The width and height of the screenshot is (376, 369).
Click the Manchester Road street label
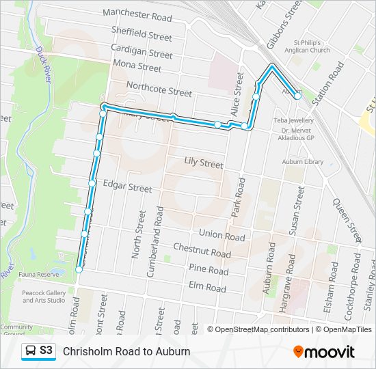pos(137,14)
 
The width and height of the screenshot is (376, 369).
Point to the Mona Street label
pos(137,66)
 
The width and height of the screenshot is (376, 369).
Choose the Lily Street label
pos(204,163)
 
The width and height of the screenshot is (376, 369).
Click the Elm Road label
pos(206,288)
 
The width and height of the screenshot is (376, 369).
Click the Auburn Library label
pos(302,162)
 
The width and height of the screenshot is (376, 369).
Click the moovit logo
pos(324,352)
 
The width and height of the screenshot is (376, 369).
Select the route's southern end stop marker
pos(79,270)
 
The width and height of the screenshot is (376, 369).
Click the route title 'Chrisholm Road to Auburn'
pos(126,351)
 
